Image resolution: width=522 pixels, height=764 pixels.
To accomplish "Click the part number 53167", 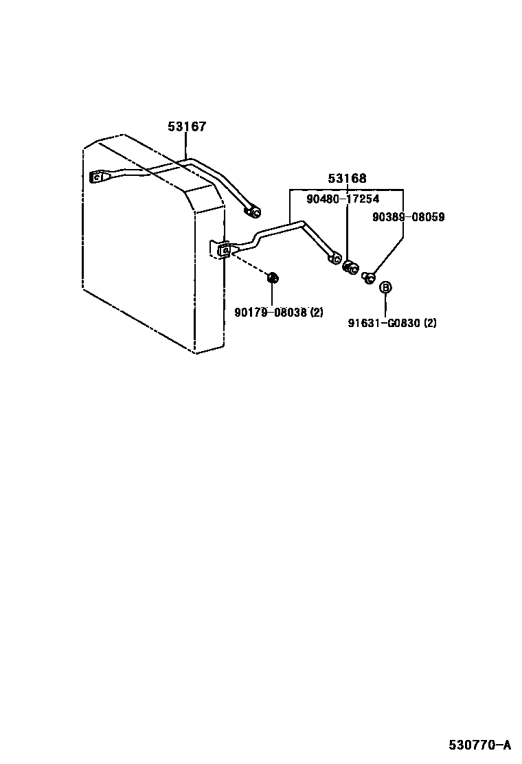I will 187,127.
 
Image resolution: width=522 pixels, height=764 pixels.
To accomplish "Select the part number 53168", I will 347,179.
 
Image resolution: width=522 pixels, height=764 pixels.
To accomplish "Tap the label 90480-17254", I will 342,199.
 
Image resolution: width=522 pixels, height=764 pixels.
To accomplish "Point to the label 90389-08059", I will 408,217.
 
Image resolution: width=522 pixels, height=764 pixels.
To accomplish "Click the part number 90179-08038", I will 271,313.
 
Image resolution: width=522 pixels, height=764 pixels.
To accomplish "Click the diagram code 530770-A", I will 480,745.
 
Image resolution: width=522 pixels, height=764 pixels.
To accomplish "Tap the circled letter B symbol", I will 385,287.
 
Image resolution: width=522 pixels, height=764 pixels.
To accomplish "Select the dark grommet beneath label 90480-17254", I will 350,267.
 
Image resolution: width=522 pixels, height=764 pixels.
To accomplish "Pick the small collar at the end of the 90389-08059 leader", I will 368,277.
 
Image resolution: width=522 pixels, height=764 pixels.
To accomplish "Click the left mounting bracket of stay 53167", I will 98,177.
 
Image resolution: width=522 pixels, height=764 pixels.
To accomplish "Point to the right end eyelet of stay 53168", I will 334,258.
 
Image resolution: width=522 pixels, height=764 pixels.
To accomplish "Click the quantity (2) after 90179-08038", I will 315,313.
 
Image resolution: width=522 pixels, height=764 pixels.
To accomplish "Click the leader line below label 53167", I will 186,146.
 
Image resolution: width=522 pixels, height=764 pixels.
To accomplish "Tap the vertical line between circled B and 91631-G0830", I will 385,306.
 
